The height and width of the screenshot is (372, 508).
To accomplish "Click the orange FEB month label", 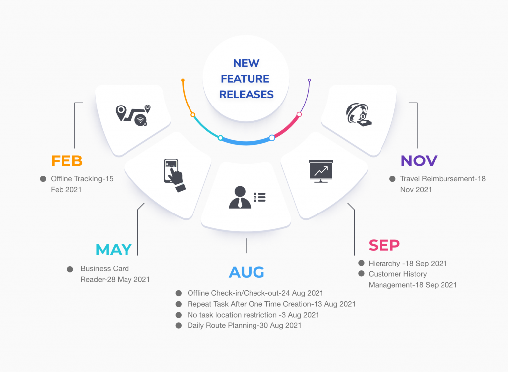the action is tap(67, 161).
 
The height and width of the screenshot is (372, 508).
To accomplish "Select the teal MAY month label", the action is tap(114, 249).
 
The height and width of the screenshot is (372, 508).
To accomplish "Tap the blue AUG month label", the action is tap(247, 272).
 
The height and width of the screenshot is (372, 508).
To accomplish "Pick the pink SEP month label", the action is tap(384, 245).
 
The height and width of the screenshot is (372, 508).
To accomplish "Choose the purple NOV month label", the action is tap(419, 161).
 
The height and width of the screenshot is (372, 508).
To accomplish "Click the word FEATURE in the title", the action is tap(245, 79).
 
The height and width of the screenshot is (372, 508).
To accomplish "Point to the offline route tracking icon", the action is tap(133, 115).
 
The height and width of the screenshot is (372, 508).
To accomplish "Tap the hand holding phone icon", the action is tap(174, 175).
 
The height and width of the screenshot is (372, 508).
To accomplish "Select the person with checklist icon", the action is tap(247, 197).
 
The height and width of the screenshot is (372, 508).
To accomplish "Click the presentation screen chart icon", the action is tap(321, 171).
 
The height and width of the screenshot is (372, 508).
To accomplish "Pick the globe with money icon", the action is tap(359, 114).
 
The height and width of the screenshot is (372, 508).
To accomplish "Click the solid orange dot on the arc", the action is tap(183, 80).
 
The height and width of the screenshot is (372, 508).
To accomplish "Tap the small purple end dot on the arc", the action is tap(309, 80).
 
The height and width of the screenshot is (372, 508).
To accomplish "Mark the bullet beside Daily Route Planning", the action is tap(179, 326).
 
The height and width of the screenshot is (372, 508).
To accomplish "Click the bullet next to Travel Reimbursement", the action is tap(392, 179).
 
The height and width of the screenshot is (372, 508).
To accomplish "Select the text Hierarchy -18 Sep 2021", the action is tap(408, 264).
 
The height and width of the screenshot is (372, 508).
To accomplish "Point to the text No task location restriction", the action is tap(232, 315).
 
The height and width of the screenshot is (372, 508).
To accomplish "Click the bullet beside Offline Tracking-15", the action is tap(43, 179).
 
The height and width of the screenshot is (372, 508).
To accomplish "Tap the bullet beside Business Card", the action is tap(70, 269).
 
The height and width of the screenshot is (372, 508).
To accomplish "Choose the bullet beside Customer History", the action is tap(361, 274).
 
